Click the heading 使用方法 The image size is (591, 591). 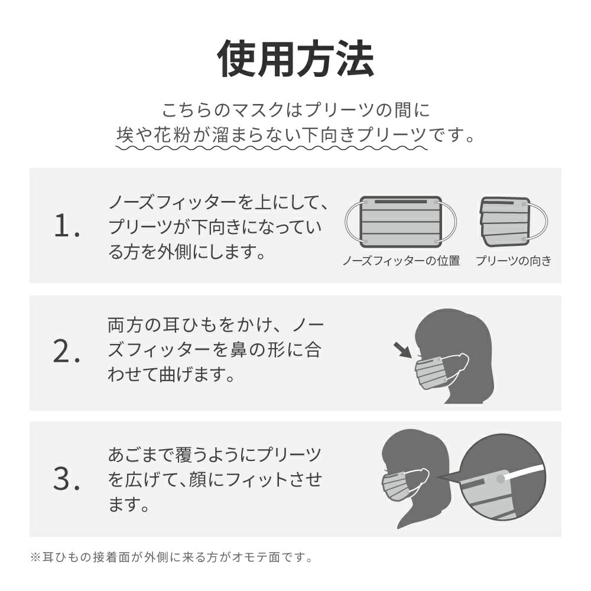pos(295,59)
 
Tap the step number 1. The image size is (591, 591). pos(67,226)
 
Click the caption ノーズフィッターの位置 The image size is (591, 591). pos(401,261)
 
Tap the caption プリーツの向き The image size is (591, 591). pos(514,261)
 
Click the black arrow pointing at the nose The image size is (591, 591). pos(402,350)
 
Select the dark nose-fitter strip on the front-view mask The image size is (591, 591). pos(401,202)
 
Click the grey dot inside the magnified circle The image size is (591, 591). pos(501,479)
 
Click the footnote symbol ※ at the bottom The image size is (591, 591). pos(35,557)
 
